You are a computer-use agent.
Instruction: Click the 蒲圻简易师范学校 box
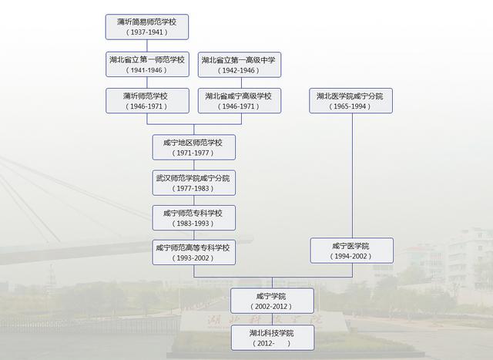pyautogui.click(x=146, y=27)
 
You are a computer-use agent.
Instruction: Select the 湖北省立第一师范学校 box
pyautogui.click(x=146, y=64)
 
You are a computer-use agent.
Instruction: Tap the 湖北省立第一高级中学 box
pyautogui.click(x=239, y=64)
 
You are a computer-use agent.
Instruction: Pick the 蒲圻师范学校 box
pyautogui.click(x=146, y=101)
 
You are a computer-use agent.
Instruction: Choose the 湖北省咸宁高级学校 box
pyautogui.click(x=239, y=101)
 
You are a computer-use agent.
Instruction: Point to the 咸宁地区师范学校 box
pyautogui.click(x=193, y=147)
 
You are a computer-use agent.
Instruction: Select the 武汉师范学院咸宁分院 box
pyautogui.click(x=193, y=183)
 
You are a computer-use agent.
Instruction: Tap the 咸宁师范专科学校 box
pyautogui.click(x=193, y=217)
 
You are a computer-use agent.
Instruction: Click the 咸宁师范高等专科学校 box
pyautogui.click(x=193, y=252)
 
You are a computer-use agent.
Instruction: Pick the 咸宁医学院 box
pyautogui.click(x=351, y=251)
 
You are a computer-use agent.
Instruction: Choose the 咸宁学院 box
pyautogui.click(x=272, y=301)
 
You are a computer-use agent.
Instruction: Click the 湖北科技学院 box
pyautogui.click(x=272, y=337)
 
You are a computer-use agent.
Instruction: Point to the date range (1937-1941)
pyautogui.click(x=146, y=32)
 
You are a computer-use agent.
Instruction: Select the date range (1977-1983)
pyautogui.click(x=193, y=188)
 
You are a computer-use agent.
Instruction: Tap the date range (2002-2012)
pyautogui.click(x=272, y=306)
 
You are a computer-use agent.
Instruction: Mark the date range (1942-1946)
pyautogui.click(x=239, y=69)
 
